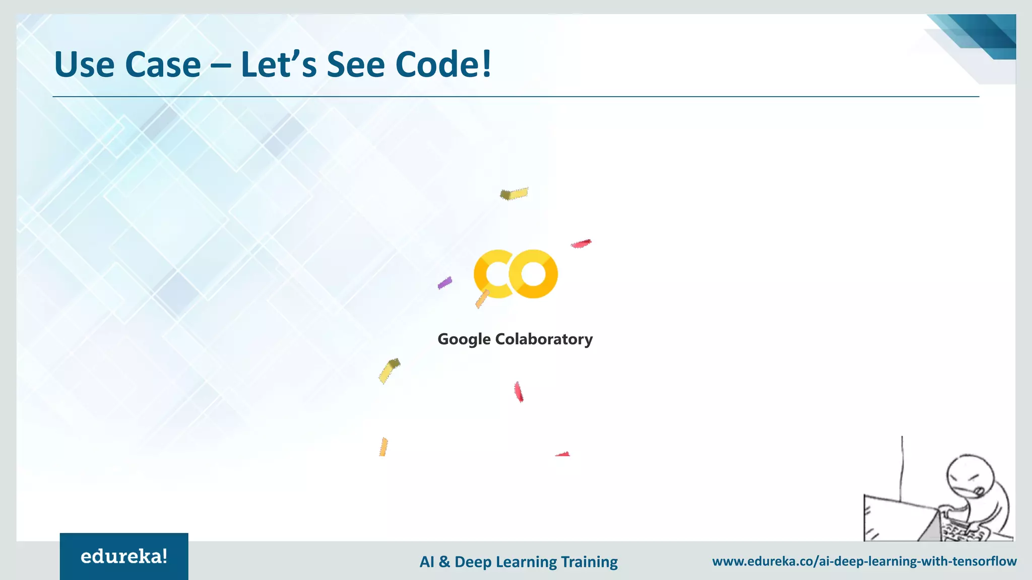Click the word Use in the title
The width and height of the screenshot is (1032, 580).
84,64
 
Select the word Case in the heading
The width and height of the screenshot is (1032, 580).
163,64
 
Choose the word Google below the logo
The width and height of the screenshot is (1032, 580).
464,339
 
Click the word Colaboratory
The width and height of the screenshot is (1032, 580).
544,339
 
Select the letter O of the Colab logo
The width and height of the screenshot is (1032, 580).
533,274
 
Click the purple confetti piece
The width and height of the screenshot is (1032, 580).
445,283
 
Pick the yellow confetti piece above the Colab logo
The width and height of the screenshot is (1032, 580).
514,193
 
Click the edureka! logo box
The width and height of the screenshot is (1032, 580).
124,556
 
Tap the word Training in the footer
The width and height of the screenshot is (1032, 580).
589,562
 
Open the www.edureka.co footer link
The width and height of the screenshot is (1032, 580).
864,561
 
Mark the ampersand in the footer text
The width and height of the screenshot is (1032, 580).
444,562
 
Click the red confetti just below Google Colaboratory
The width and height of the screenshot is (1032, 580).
519,392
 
